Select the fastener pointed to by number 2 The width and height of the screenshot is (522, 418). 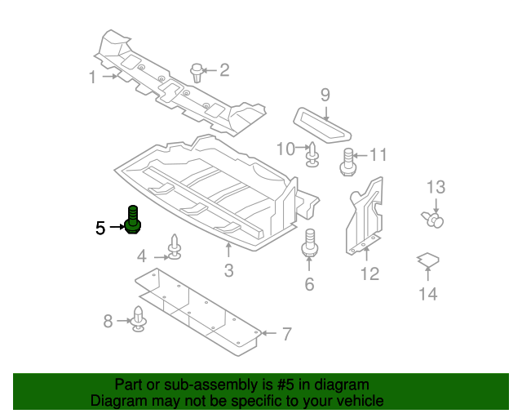tap(196, 72)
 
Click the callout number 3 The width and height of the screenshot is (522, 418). tap(228, 271)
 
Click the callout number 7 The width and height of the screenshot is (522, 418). tap(285, 333)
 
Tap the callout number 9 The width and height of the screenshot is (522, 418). tap(325, 96)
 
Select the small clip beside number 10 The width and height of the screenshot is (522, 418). tap(312, 153)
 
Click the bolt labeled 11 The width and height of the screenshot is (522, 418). tap(347, 160)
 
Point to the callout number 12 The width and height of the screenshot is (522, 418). tap(370, 273)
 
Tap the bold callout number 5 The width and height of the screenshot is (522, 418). tap(100, 228)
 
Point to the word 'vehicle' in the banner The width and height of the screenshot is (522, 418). tap(356, 401)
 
